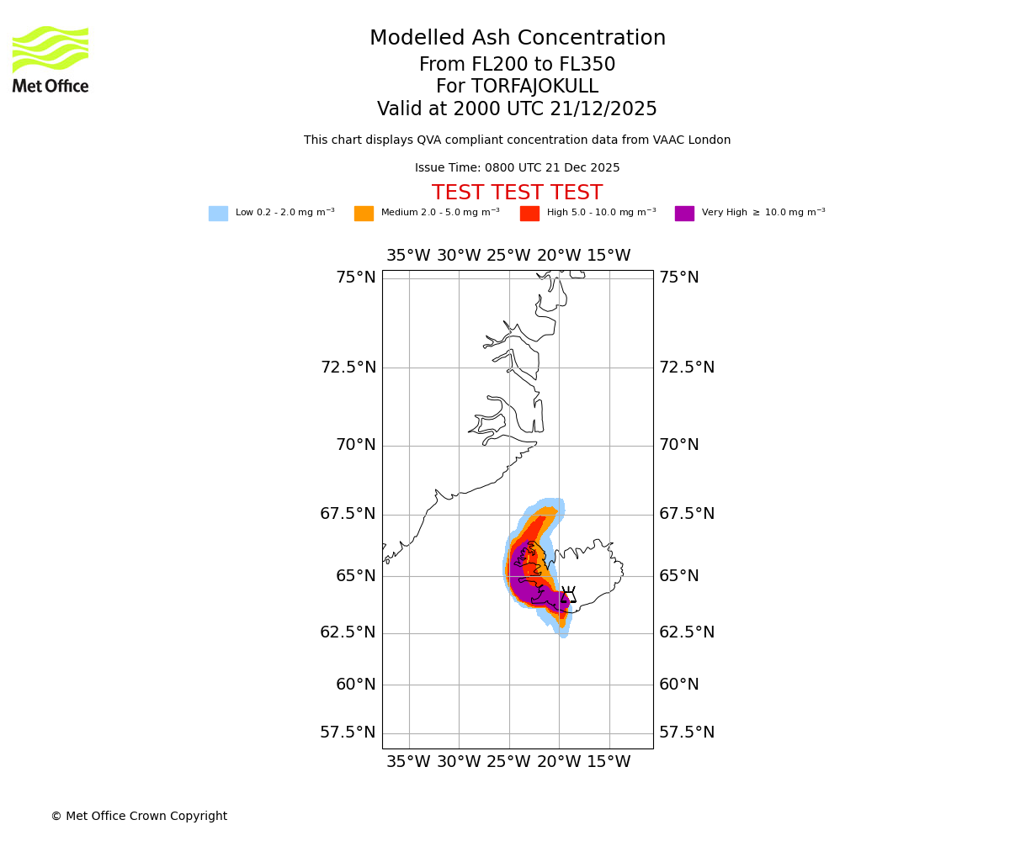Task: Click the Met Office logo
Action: pyautogui.click(x=50, y=59)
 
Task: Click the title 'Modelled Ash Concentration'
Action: pyautogui.click(x=518, y=39)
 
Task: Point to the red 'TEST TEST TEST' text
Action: pyautogui.click(x=517, y=193)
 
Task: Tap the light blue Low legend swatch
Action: pyautogui.click(x=218, y=214)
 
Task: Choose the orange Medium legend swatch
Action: pyautogui.click(x=364, y=214)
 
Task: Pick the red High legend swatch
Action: pyautogui.click(x=529, y=214)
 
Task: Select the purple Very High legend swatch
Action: pyautogui.click(x=684, y=214)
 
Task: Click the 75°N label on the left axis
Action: pyautogui.click(x=355, y=278)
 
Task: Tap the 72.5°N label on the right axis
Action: pyautogui.click(x=687, y=368)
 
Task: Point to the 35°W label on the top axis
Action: pyautogui.click(x=408, y=256)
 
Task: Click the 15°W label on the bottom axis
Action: pyautogui.click(x=609, y=762)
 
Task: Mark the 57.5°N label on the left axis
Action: pyautogui.click(x=348, y=733)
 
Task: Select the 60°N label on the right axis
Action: pyautogui.click(x=679, y=685)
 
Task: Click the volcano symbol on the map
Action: pyautogui.click(x=568, y=595)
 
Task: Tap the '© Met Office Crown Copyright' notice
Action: pyautogui.click(x=139, y=816)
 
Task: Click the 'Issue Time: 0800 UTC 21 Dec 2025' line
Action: pyautogui.click(x=517, y=168)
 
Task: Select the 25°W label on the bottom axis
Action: pyautogui.click(x=508, y=762)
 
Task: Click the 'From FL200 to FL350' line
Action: pyautogui.click(x=517, y=65)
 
